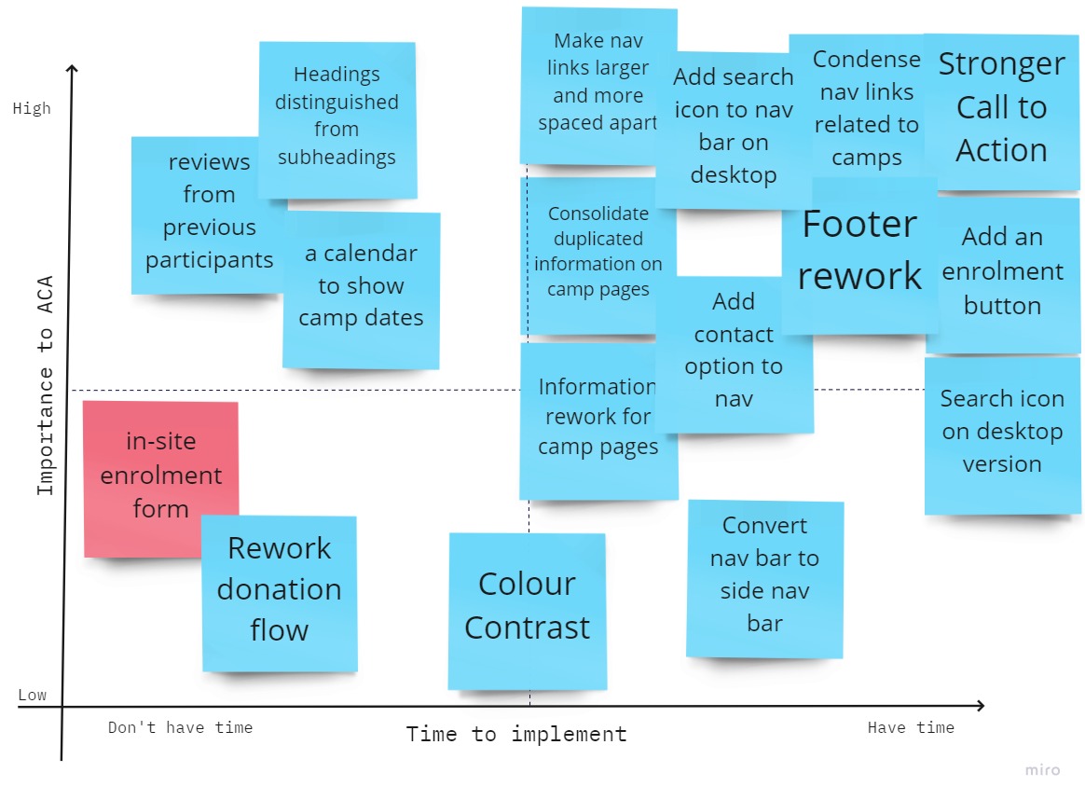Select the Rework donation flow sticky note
[280, 594]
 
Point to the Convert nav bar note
[764, 579]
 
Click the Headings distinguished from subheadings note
[337, 120]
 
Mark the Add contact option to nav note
[734, 355]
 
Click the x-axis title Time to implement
[516, 734]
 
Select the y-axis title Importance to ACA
[45, 385]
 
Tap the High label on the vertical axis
[32, 109]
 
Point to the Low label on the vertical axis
[33, 695]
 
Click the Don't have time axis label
[181, 727]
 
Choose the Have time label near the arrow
[911, 727]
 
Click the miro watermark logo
[1043, 770]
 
